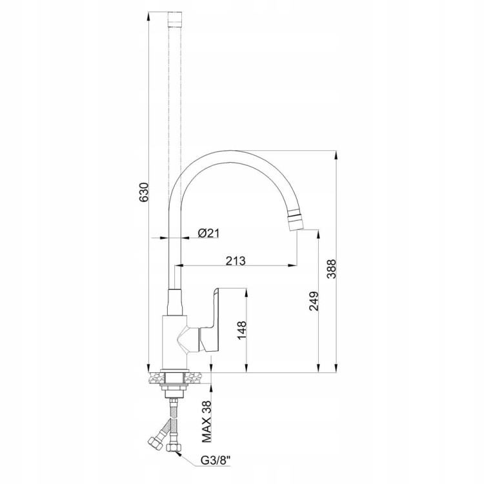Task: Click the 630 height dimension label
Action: pos(144,192)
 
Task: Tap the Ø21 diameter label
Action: pos(208,233)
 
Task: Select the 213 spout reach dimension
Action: pos(236,261)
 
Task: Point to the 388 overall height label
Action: pos(332,268)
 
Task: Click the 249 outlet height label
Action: pos(314,301)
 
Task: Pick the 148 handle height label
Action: pos(242,330)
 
